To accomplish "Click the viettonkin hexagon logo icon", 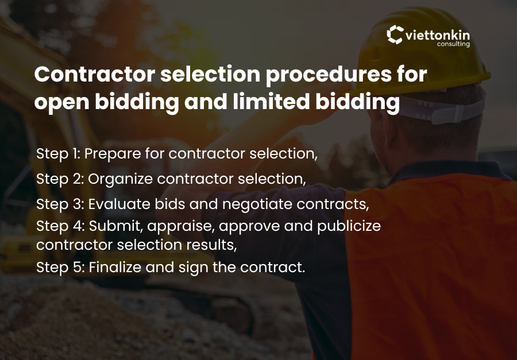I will tap(395, 35).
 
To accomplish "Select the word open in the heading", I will tap(59, 102).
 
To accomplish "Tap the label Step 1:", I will tap(60, 154).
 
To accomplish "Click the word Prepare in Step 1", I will tap(112, 154).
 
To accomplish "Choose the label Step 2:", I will tap(60, 179).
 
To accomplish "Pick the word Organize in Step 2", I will tap(121, 179).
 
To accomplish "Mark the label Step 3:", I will tap(60, 203).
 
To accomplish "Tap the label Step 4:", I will tap(60, 226).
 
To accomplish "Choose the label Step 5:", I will tap(60, 267).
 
